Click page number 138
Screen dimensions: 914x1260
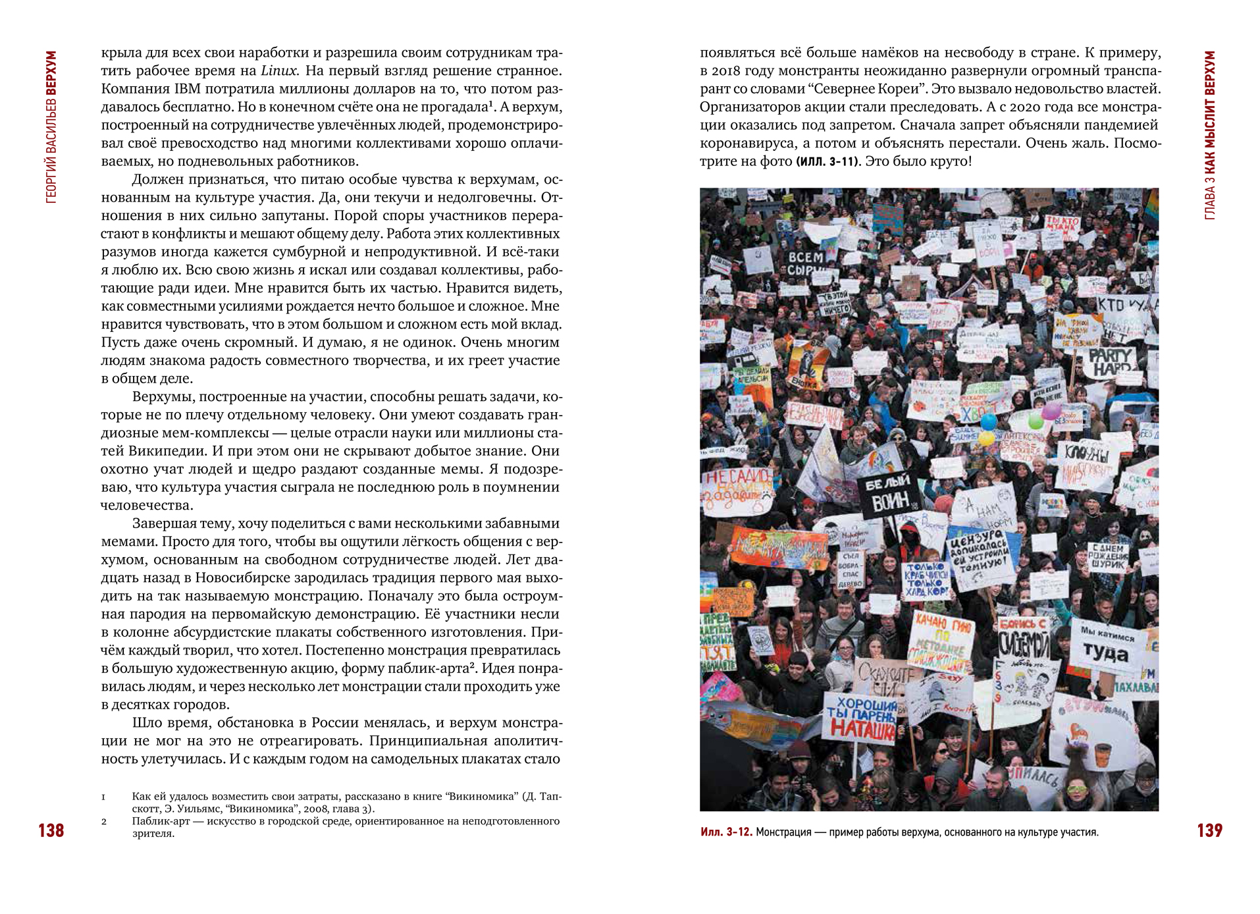pyautogui.click(x=51, y=830)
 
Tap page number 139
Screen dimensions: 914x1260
pyautogui.click(x=1209, y=830)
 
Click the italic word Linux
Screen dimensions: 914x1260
pyautogui.click(x=278, y=71)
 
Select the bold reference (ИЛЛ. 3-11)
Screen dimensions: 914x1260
pyautogui.click(x=827, y=161)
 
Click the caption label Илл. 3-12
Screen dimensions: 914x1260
pyautogui.click(x=725, y=832)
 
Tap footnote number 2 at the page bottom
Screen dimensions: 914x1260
pyautogui.click(x=104, y=821)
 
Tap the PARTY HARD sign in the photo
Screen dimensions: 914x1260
pyautogui.click(x=1111, y=361)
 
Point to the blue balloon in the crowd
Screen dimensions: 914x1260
pyautogui.click(x=989, y=422)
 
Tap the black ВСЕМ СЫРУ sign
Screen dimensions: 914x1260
pyautogui.click(x=806, y=263)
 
